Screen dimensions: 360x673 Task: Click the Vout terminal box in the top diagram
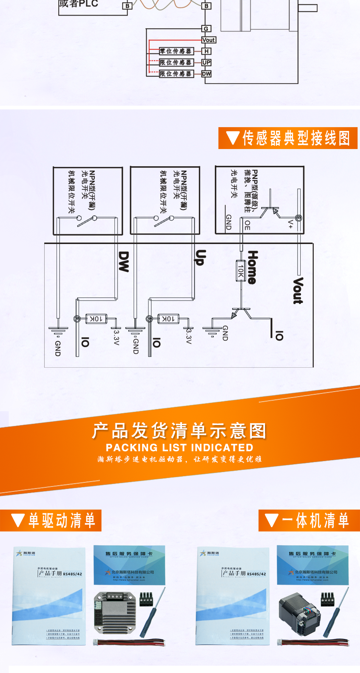tap(208, 40)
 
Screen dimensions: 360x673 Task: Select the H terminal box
tap(206, 51)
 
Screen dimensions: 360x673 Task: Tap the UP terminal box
tap(206, 62)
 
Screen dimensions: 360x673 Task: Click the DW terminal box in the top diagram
tap(206, 74)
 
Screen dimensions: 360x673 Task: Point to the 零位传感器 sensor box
tap(176, 51)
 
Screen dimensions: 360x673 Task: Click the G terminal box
tap(206, 29)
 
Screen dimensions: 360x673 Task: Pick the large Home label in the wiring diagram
tap(253, 267)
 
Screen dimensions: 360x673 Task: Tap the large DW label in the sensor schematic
tap(123, 261)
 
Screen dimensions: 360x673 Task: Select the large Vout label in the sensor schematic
tap(298, 291)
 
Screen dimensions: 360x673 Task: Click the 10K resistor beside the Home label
tap(241, 271)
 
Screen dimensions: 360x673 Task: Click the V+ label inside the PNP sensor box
tap(290, 224)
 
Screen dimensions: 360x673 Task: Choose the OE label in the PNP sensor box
tap(247, 225)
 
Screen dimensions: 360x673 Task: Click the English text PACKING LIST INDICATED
tap(179, 448)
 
